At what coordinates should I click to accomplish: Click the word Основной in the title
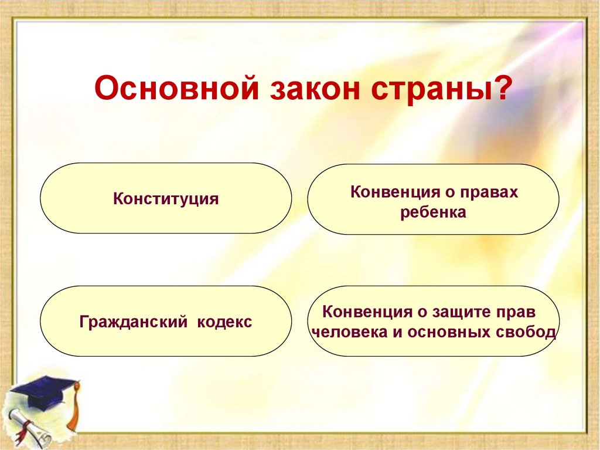click(176, 89)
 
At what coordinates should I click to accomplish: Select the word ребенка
click(433, 212)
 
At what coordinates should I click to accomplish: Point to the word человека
click(350, 332)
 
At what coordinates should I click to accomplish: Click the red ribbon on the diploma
click(23, 432)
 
